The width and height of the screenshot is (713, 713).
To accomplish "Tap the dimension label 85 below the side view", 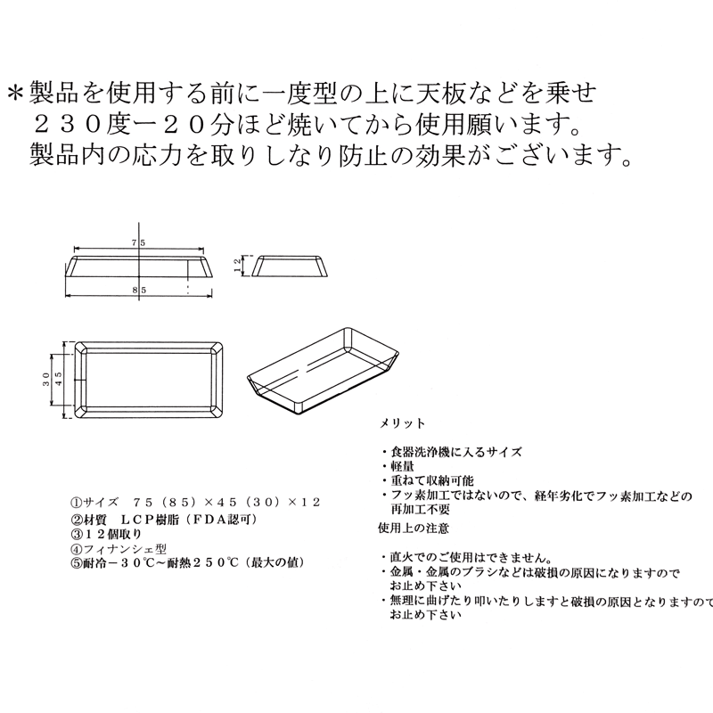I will pos(138,291).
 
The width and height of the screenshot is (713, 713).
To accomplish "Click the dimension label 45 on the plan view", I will pos(59,379).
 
